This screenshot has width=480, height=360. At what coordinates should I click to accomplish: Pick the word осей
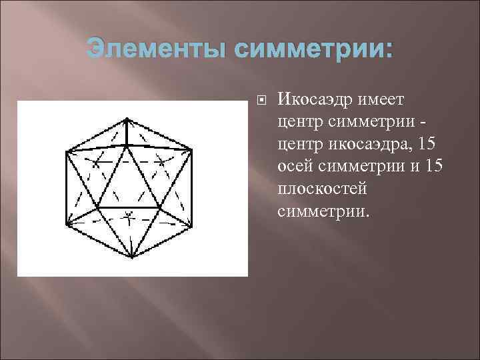(x=298, y=166)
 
